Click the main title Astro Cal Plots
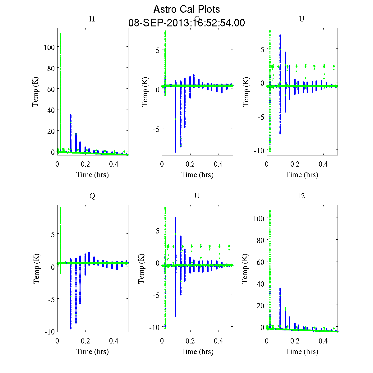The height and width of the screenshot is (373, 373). [x=186, y=9]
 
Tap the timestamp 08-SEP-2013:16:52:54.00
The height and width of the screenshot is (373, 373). [x=186, y=23]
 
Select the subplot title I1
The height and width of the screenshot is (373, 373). [x=92, y=19]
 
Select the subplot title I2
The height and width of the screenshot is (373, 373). [x=302, y=196]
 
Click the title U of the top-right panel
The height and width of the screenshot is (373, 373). [x=302, y=19]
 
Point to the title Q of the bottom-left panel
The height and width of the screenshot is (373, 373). [x=92, y=196]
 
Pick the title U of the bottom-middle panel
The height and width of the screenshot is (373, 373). [x=197, y=196]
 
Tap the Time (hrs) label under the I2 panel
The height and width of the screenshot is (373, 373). [x=302, y=352]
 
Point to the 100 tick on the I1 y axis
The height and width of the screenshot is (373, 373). [x=49, y=47]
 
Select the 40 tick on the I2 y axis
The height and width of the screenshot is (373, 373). [x=259, y=284]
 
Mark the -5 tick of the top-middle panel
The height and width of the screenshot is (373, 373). [x=156, y=129]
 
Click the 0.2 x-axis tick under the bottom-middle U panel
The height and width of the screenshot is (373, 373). [x=190, y=341]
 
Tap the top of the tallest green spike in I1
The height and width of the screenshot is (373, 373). [x=60, y=34]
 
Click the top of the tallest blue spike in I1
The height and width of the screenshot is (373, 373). [x=71, y=115]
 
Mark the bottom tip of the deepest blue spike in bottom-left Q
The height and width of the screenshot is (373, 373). [x=71, y=328]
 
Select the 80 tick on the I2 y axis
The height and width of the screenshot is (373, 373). [x=259, y=240]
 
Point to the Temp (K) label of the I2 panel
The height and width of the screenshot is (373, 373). [x=245, y=269]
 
